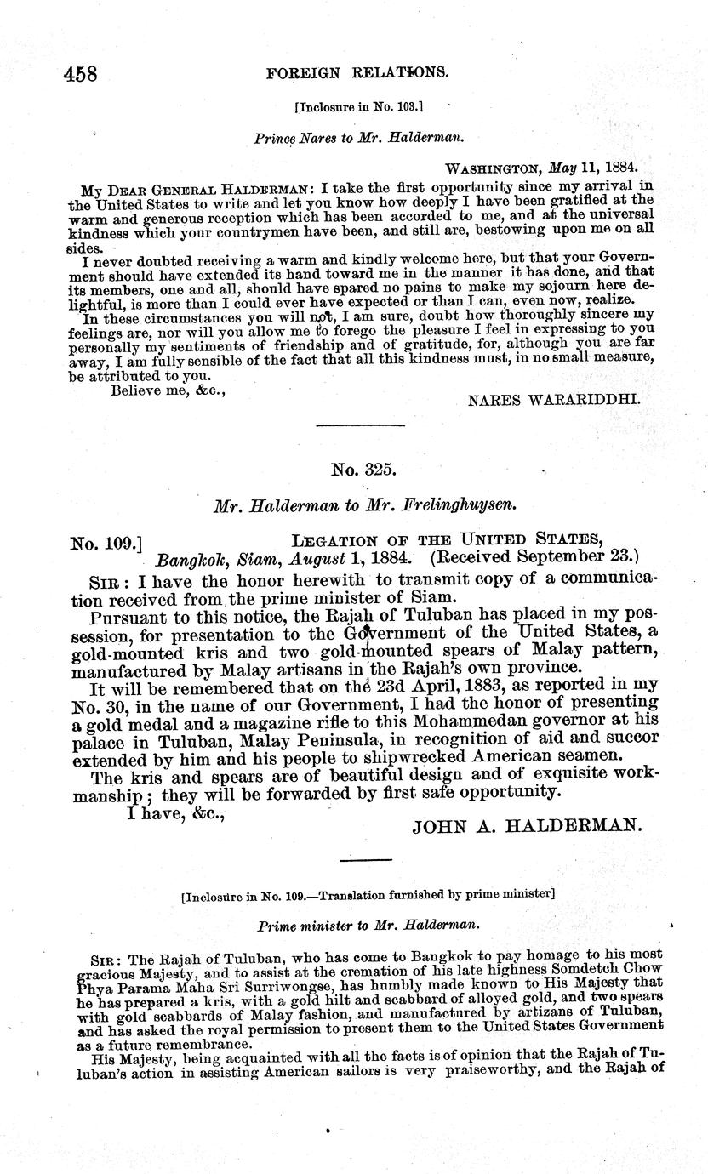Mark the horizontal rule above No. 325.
pos(360,425)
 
